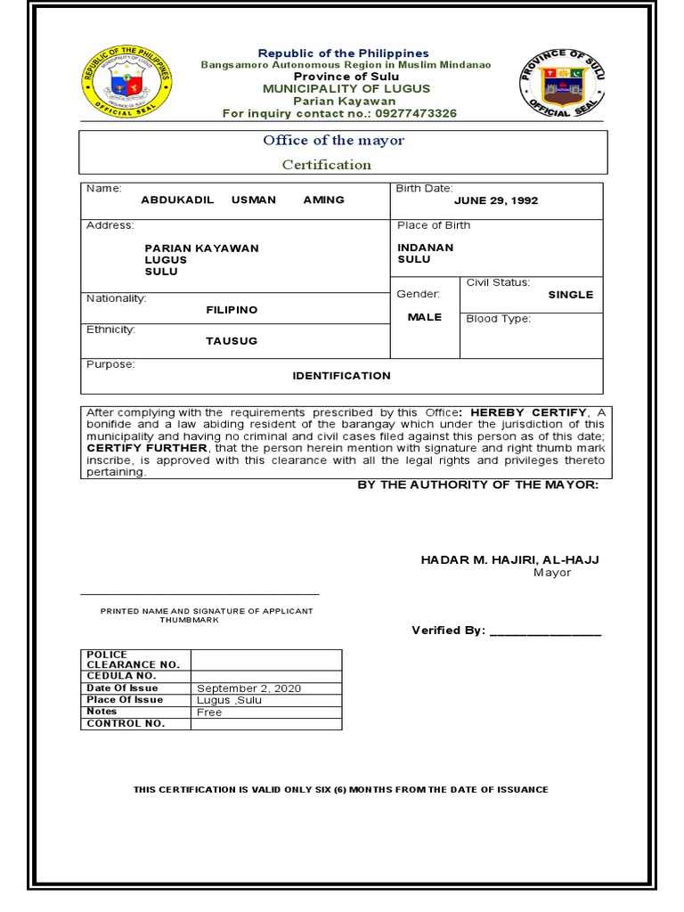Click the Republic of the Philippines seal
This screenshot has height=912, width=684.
[126, 80]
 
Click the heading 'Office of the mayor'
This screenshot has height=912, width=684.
[333, 141]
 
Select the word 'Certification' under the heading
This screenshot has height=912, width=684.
[327, 165]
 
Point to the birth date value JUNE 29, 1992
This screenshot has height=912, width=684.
[496, 200]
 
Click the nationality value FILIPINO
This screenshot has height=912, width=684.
[232, 310]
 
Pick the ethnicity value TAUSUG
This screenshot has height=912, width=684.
[232, 341]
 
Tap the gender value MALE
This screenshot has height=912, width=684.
[425, 317]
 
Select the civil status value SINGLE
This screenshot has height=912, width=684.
[570, 295]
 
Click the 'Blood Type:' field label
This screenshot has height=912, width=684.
[498, 319]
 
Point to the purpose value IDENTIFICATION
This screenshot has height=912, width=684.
[341, 376]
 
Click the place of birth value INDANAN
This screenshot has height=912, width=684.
[425, 248]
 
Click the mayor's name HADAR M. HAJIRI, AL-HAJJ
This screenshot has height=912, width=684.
[509, 559]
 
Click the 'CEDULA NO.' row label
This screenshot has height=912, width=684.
[121, 676]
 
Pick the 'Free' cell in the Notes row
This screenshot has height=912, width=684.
[209, 712]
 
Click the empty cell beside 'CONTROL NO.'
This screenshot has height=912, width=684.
[266, 724]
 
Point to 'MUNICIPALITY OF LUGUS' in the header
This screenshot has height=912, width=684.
[346, 89]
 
